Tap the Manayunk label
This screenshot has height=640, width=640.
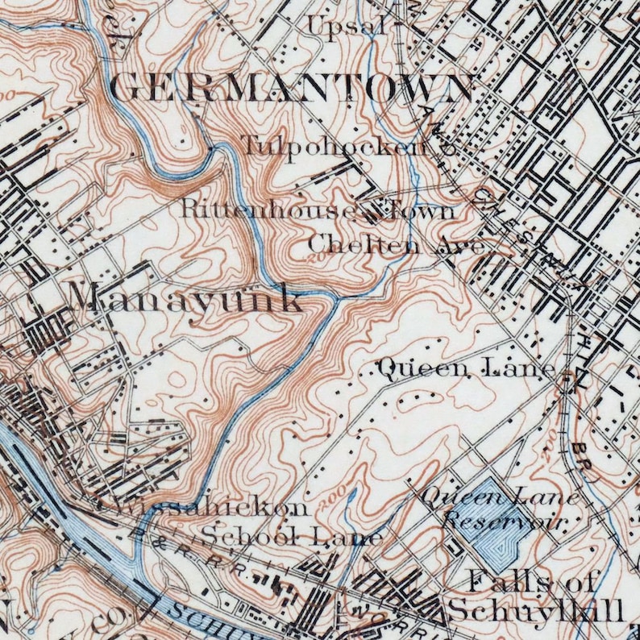click(x=187, y=299)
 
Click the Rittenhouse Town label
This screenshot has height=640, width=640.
click(x=318, y=210)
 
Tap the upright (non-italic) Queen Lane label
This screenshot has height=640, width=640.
click(x=467, y=369)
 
